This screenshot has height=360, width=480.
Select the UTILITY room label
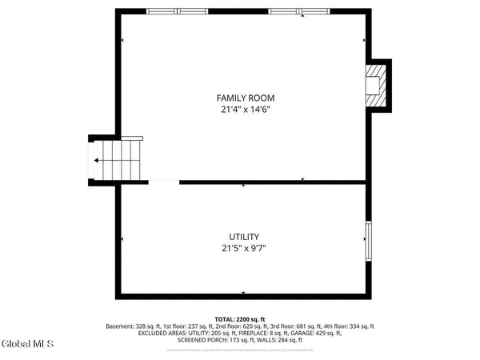(243, 237)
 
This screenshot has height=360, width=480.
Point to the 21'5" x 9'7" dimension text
(243, 249)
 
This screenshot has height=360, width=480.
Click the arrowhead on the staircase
(97, 161)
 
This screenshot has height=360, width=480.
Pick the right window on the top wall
(298, 11)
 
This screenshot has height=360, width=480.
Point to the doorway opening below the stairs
(164, 182)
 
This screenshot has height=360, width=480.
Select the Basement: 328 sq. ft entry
(133, 326)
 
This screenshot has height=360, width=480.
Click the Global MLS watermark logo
(28, 345)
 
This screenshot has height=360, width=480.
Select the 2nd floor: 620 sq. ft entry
(242, 326)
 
